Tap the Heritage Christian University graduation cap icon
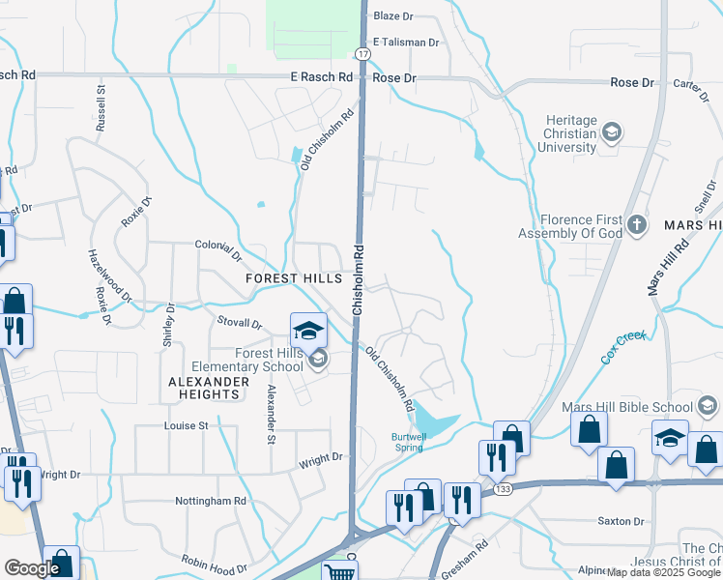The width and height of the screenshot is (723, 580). point(611,130)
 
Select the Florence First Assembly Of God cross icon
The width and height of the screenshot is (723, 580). point(636,225)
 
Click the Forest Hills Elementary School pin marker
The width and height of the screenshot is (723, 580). point(308,333)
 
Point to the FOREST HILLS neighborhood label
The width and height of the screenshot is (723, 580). point(294,278)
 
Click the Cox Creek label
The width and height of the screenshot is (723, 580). point(622,348)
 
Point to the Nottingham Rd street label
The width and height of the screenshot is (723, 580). point(211,501)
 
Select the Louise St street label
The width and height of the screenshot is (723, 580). point(187,425)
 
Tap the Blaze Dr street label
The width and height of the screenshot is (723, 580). point(392,16)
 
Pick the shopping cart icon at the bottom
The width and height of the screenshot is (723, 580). point(339,572)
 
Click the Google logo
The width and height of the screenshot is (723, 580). point(32,568)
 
